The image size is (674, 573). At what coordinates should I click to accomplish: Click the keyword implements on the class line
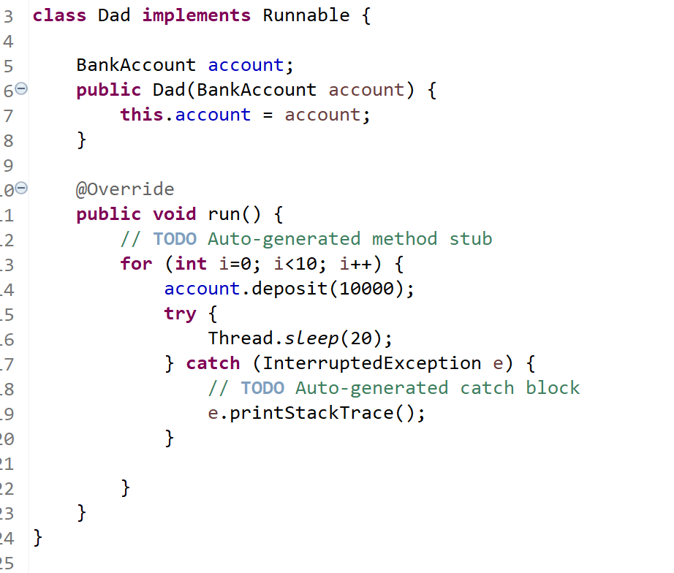(x=196, y=15)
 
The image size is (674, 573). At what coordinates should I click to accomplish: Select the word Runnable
(x=306, y=15)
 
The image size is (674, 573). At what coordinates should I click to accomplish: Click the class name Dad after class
(x=114, y=15)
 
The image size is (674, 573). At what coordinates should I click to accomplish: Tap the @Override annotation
(x=125, y=189)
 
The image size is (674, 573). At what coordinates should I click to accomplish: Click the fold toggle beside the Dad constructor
(x=21, y=89)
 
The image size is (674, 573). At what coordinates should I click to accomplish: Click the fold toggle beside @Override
(x=21, y=189)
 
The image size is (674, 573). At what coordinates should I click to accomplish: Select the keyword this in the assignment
(x=141, y=115)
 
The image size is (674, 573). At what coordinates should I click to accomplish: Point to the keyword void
(x=174, y=214)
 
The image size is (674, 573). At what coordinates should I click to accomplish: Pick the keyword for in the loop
(x=136, y=264)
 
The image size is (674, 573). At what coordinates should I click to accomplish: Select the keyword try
(x=180, y=314)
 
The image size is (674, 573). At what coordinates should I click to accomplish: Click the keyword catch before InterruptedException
(x=213, y=363)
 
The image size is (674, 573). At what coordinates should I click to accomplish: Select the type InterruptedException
(x=371, y=363)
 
